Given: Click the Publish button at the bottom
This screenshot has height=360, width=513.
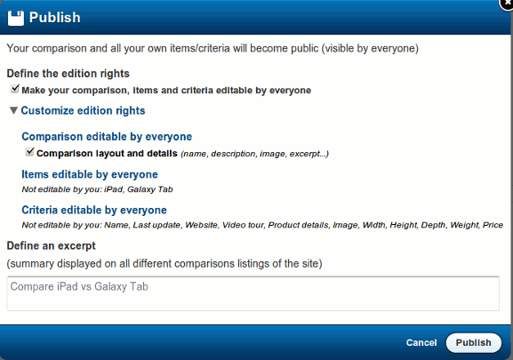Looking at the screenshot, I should click(x=474, y=342).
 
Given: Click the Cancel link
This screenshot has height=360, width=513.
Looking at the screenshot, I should click(x=421, y=342).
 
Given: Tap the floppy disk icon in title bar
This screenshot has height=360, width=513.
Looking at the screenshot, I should click(x=15, y=17).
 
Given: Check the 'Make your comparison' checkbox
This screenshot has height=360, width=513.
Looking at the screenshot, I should click(x=15, y=90).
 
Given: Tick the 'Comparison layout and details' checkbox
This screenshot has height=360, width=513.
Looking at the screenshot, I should click(x=29, y=153).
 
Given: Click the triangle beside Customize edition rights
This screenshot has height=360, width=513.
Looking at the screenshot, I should click(x=13, y=111).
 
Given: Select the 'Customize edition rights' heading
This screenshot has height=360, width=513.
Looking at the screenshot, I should click(x=83, y=111).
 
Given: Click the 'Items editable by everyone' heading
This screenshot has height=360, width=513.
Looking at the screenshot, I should click(x=89, y=174).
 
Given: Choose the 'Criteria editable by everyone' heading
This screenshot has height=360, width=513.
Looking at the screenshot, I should click(x=93, y=210).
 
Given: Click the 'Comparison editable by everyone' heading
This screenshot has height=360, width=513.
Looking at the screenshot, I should click(x=107, y=137).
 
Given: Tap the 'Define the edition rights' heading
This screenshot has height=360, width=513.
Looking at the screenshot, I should click(x=68, y=73).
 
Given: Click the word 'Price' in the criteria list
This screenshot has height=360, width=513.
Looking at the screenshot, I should click(x=493, y=226).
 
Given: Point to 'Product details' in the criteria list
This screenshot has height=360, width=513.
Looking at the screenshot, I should click(x=296, y=226).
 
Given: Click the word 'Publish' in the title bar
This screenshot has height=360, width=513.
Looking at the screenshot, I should click(x=55, y=17).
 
